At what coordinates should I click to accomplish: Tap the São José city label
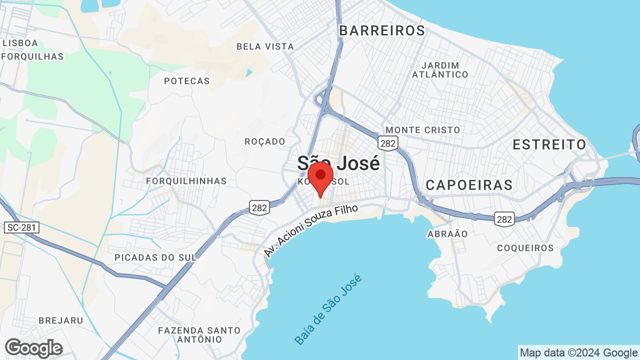(x=338, y=162)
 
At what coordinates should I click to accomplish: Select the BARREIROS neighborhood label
(x=382, y=30)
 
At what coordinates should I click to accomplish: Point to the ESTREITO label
(x=549, y=144)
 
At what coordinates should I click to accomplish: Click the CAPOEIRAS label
(x=469, y=185)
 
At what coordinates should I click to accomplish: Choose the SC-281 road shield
(x=21, y=227)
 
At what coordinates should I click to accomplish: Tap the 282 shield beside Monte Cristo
(x=388, y=143)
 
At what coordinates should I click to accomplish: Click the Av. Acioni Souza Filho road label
(x=311, y=231)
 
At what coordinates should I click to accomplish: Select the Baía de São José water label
(x=328, y=309)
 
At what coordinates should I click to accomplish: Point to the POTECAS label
(x=187, y=81)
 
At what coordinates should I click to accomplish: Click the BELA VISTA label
(x=265, y=46)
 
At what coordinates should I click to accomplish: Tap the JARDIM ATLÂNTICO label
(x=440, y=70)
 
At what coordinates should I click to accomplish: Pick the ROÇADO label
(x=264, y=141)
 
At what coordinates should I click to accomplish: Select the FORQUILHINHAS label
(x=186, y=181)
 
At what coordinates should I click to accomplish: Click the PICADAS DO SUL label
(x=155, y=257)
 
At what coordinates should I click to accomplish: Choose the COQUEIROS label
(x=525, y=248)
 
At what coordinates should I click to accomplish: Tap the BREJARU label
(x=60, y=320)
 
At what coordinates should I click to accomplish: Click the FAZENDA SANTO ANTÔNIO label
(x=199, y=335)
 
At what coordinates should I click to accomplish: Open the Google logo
(x=33, y=348)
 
